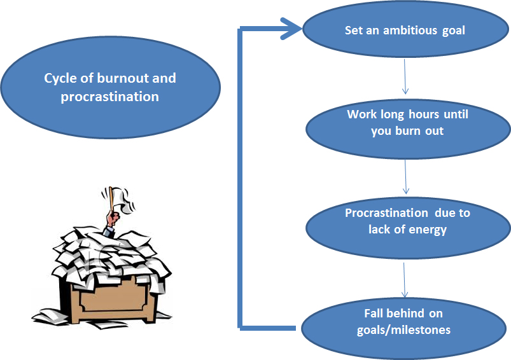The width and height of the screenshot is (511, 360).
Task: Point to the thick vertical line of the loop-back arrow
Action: tap(241, 178)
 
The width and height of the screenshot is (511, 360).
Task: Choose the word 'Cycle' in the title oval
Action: tap(61, 79)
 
